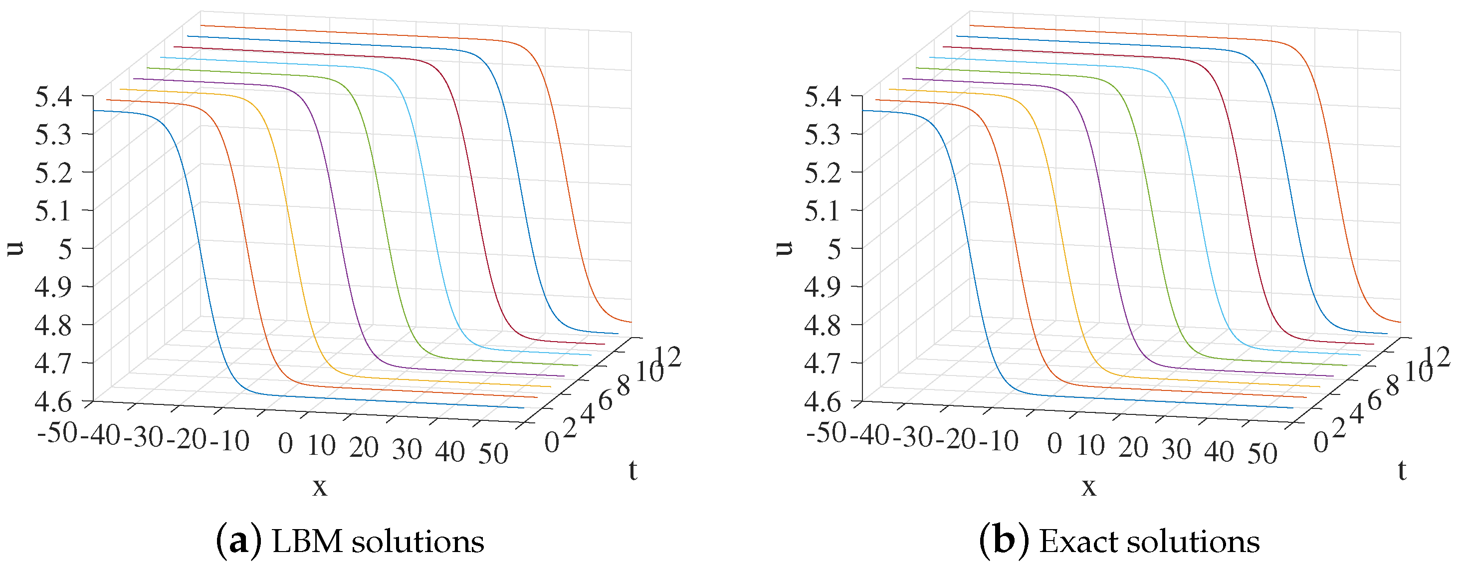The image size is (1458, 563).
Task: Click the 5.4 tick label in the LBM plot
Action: point(53,97)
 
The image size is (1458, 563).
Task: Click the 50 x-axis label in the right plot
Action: point(1262,454)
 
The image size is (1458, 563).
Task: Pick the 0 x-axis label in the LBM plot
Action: point(286,444)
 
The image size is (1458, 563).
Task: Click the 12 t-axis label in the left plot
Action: point(668,357)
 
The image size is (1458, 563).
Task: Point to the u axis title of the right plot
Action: point(784,248)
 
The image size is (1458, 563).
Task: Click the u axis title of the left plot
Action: point(15,248)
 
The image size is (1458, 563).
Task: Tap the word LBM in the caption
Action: point(307,542)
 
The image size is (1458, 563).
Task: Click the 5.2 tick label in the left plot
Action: point(53,173)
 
